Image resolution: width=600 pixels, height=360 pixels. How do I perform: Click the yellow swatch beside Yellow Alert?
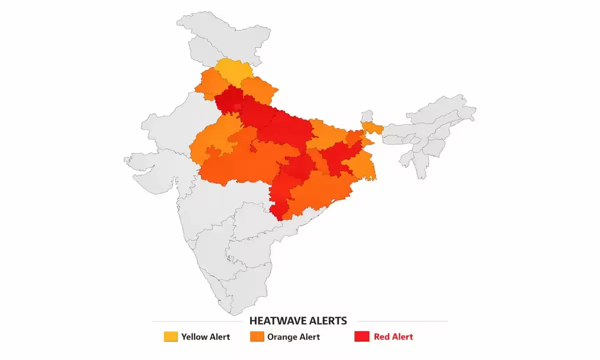point(170,336)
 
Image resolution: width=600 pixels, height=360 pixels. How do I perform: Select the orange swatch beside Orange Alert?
point(256,336)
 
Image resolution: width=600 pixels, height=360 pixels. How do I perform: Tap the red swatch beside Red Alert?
point(361,336)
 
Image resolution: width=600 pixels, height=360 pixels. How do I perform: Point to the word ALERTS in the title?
point(328,320)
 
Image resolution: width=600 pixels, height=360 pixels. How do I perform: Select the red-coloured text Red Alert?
point(393,336)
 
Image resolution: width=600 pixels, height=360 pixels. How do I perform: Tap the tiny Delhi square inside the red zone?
point(237,106)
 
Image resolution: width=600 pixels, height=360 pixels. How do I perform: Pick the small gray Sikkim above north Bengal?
point(367,116)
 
